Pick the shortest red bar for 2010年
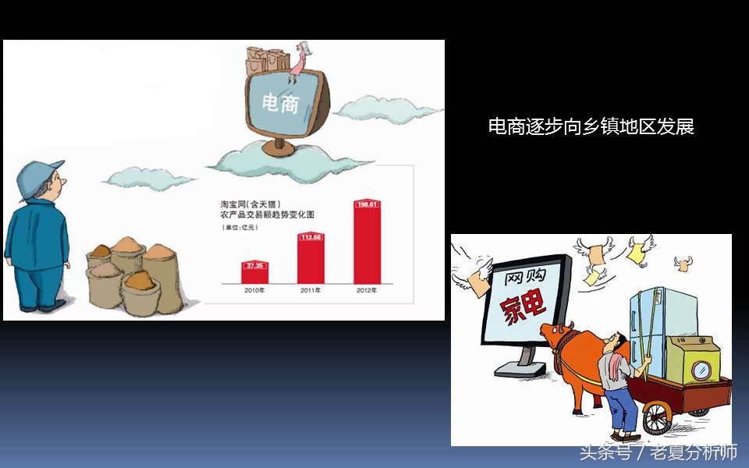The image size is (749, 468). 255,274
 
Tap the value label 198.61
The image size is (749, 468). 367,204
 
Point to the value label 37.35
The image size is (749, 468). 255,266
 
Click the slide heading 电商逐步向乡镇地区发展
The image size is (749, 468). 591,126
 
